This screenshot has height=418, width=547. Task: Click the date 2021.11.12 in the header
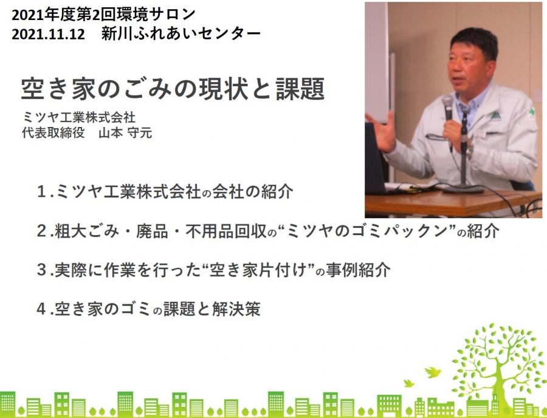point(48,34)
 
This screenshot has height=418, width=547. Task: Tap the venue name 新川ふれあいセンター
point(181,34)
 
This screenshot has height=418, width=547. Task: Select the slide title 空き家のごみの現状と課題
point(173,89)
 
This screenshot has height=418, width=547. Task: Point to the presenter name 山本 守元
point(125,133)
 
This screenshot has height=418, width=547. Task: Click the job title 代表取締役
point(53,133)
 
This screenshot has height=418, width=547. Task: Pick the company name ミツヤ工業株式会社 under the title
point(78,117)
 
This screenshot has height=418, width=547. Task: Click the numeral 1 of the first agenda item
point(41,192)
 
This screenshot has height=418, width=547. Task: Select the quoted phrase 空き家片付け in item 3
point(258,270)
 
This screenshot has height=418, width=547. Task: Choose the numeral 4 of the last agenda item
point(41,309)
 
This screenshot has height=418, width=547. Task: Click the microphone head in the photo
point(447,104)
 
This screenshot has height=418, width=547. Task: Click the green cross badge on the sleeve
point(532,112)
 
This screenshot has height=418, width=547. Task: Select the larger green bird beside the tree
point(432,372)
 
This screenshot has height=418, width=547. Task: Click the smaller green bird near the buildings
point(408,383)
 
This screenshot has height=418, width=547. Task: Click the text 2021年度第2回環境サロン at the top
point(103,15)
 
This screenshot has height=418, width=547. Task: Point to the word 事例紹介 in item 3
point(358,270)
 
